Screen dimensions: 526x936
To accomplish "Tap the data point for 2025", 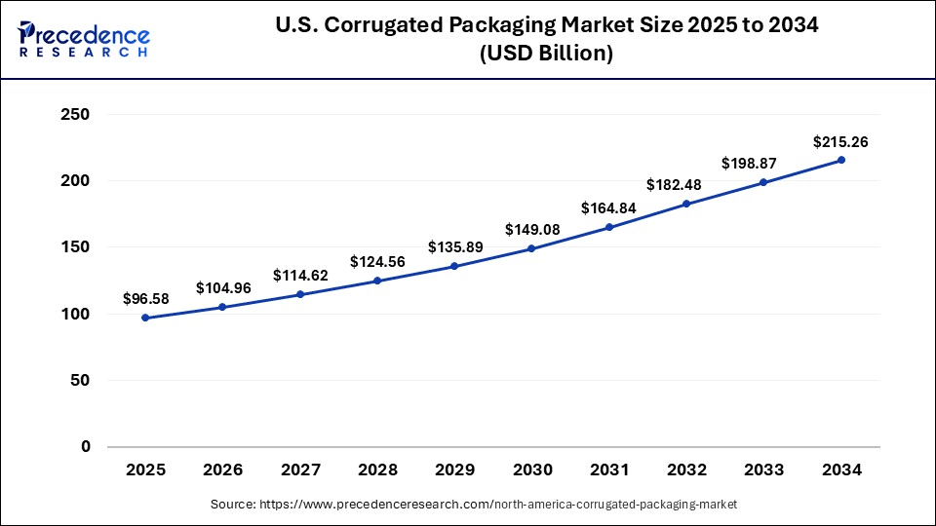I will (x=145, y=318).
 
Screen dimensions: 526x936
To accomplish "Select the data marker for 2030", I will (x=531, y=248).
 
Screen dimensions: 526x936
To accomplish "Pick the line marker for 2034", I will (x=840, y=160).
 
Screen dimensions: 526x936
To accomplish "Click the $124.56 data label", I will (x=377, y=262).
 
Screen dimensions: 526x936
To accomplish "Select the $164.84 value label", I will (x=609, y=207).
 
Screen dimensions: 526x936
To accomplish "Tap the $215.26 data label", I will (x=840, y=142).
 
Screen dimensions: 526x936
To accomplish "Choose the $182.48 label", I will (x=686, y=184).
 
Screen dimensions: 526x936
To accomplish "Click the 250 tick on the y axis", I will (x=75, y=115).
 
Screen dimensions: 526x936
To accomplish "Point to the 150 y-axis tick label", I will (x=75, y=247).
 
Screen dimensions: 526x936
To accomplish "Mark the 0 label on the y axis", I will (x=85, y=447).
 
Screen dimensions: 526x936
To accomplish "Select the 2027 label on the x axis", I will (x=300, y=470).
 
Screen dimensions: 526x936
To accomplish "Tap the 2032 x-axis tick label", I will (x=686, y=470).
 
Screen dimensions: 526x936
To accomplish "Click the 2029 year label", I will (x=454, y=470).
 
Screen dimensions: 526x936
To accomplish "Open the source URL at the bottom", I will (x=474, y=505).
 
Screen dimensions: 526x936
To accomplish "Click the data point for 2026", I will (x=222, y=307).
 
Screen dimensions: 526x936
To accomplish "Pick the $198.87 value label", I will (x=763, y=163).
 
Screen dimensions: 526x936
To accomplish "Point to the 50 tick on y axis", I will (x=80, y=380).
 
